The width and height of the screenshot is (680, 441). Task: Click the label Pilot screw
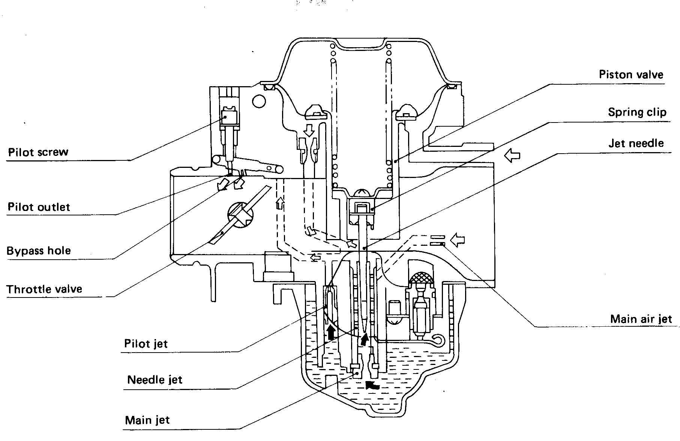click(x=38, y=152)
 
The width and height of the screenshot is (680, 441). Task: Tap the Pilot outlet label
click(x=39, y=207)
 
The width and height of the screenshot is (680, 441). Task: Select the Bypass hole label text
click(x=39, y=251)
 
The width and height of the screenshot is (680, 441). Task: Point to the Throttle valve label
click(x=44, y=289)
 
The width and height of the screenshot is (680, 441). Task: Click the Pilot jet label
click(x=146, y=344)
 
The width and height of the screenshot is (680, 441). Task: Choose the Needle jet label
click(x=155, y=380)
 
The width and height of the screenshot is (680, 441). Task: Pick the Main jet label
click(x=147, y=420)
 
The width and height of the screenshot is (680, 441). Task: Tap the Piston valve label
click(x=631, y=75)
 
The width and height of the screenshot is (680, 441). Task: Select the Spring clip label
click(x=637, y=112)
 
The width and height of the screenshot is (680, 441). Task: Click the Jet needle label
click(x=636, y=143)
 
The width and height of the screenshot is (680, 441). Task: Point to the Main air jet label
click(x=641, y=319)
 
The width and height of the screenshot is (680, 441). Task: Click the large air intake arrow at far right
click(x=512, y=155)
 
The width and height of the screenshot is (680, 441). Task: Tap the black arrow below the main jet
click(x=372, y=385)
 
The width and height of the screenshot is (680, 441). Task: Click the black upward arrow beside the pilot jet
click(x=331, y=332)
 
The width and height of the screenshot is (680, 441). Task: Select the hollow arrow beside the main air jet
click(x=457, y=240)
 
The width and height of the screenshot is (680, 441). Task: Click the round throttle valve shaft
click(x=240, y=215)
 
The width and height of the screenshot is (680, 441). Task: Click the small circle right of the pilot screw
click(x=259, y=101)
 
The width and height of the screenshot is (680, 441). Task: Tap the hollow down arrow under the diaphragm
click(x=309, y=130)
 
